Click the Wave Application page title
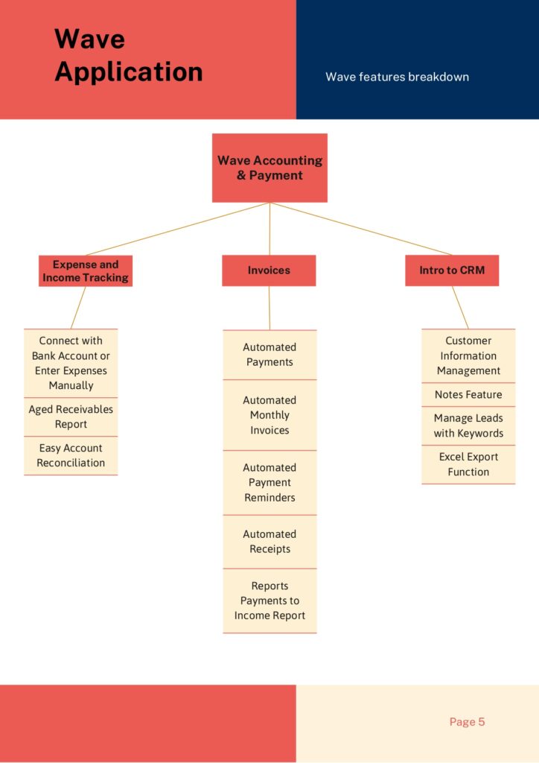[128, 55]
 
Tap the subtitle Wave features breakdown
[397, 77]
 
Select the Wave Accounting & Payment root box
[269, 168]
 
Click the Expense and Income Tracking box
[86, 271]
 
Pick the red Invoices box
[269, 270]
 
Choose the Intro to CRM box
[452, 270]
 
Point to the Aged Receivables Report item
[71, 417]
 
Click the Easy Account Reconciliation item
[71, 455]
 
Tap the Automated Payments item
[269, 355]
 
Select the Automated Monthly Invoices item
[269, 415]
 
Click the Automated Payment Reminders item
[269, 483]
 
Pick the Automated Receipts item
[269, 542]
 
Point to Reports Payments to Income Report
[269, 601]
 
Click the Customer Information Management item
[468, 355]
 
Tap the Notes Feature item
[468, 395]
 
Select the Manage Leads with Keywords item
[468, 425]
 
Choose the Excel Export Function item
[468, 465]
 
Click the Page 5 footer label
[467, 721]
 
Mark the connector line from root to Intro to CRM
[360, 229]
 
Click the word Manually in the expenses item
[71, 385]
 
